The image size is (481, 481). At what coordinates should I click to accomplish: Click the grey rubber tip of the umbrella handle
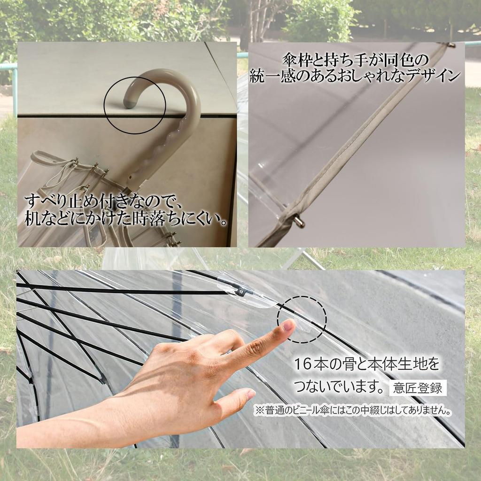click(129, 104)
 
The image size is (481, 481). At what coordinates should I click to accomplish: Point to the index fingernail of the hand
click(289, 325)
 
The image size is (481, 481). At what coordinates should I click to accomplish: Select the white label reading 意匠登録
click(418, 388)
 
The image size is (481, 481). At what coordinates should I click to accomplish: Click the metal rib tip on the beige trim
click(299, 222)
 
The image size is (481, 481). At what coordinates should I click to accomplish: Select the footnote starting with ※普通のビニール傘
click(353, 411)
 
